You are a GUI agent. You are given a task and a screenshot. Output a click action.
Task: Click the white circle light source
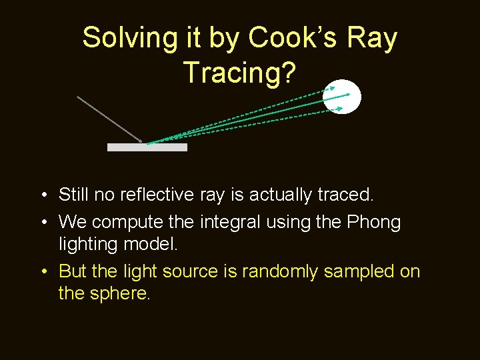point(342,97)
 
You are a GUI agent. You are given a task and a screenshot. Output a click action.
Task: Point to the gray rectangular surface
point(147,147)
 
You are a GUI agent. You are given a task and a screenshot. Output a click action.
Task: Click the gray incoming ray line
point(110,119)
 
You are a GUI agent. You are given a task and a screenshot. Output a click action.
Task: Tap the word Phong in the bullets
point(374,222)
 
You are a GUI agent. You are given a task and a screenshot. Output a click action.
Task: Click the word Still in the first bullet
point(73,195)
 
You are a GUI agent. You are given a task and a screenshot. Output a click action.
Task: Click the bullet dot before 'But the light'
point(43,272)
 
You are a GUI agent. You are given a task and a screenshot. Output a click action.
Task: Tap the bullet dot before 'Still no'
point(43,195)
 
